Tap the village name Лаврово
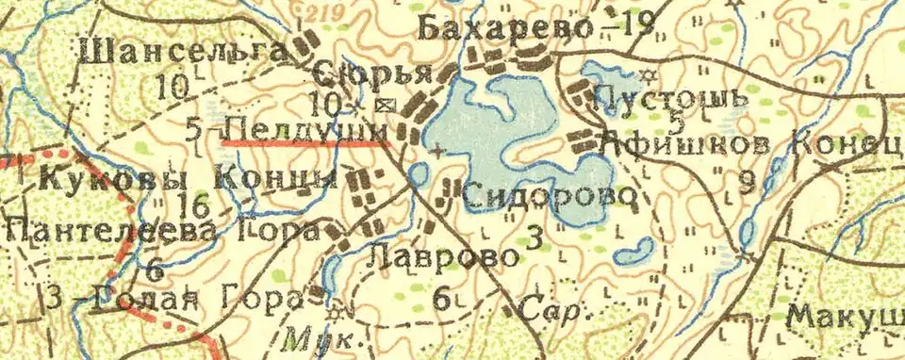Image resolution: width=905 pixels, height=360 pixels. pyautogui.click(x=444, y=255)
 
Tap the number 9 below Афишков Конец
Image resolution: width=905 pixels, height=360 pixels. pyautogui.click(x=748, y=183)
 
